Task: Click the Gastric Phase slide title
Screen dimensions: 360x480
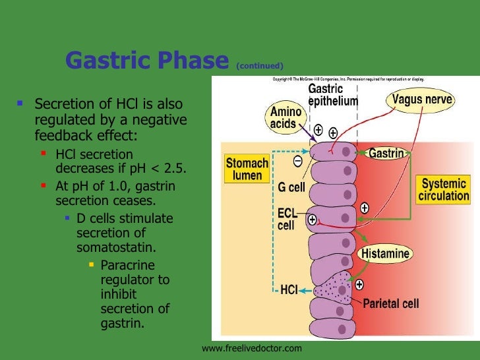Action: coord(146,61)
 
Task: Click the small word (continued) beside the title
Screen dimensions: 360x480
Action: coord(261,65)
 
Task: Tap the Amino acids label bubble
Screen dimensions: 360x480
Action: coord(285,118)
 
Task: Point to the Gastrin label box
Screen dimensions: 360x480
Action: coord(386,153)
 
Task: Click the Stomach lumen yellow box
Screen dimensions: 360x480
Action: coord(247,169)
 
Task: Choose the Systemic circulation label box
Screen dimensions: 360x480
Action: coord(445,189)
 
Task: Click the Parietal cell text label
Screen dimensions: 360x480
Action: coord(390,304)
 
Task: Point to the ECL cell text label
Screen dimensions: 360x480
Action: coord(285,219)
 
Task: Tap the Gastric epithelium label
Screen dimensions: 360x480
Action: coord(333,95)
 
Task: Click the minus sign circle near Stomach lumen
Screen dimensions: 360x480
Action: coord(298,160)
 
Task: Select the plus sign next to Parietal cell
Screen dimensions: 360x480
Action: coord(359,285)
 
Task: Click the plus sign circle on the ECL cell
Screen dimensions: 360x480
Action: coord(312,219)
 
